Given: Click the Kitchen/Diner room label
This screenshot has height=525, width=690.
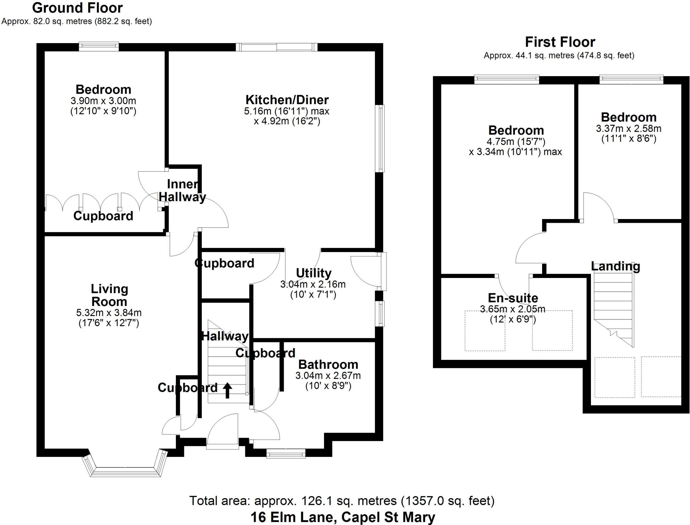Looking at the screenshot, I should (287, 100).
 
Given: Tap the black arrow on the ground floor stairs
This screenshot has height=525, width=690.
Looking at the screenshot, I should (227, 390).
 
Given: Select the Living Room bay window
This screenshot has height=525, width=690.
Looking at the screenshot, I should (125, 470).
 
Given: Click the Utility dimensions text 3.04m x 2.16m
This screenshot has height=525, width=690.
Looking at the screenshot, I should (313, 284).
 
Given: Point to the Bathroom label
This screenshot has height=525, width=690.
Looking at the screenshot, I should (328, 364).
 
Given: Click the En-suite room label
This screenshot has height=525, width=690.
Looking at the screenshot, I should (513, 298).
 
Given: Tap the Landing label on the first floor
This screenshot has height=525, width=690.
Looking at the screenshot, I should (615, 266).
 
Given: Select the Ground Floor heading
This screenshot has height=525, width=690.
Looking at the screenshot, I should (77, 7).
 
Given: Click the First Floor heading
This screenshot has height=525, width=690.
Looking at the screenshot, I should (560, 42).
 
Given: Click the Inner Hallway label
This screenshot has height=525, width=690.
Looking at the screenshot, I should (182, 191).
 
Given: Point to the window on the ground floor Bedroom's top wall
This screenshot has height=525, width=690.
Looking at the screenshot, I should (99, 46).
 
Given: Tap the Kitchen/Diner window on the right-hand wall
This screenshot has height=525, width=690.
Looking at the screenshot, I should (381, 138).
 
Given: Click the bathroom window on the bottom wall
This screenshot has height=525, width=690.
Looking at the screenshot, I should (286, 453).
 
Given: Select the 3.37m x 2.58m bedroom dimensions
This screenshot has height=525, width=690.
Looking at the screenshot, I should (628, 129).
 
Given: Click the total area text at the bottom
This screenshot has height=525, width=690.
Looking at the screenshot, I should (342, 501).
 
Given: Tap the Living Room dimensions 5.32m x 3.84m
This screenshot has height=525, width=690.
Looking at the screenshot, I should (109, 313).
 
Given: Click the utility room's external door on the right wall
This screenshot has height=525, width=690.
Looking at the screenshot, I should (383, 271).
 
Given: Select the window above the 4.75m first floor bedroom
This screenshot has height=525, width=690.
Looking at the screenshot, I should (506, 79).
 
